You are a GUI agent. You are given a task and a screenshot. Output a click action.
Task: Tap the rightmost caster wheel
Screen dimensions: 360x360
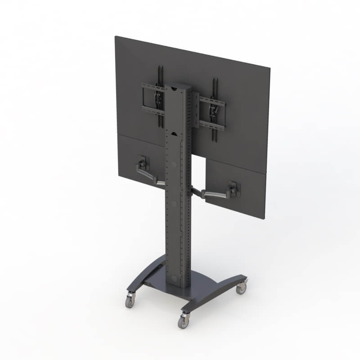pos(242,288)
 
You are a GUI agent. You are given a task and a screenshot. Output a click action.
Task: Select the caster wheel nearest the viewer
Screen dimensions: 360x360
pos(183,321)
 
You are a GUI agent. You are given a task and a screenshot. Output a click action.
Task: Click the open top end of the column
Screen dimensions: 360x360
pos(179,86)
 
